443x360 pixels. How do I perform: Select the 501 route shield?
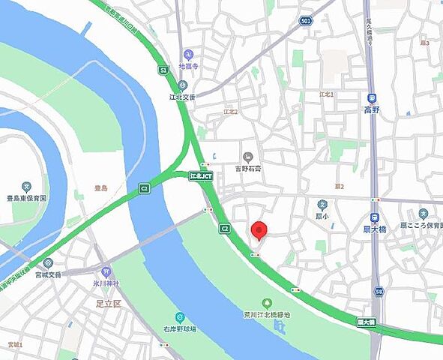tap(305, 21)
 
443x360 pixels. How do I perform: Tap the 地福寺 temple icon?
tap(188, 53)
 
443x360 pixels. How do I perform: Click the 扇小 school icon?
tap(322, 203)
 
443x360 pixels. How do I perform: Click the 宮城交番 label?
tap(49, 274)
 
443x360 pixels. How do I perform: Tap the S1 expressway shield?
tap(163, 70)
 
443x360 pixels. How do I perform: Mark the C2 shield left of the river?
tap(144, 187)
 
